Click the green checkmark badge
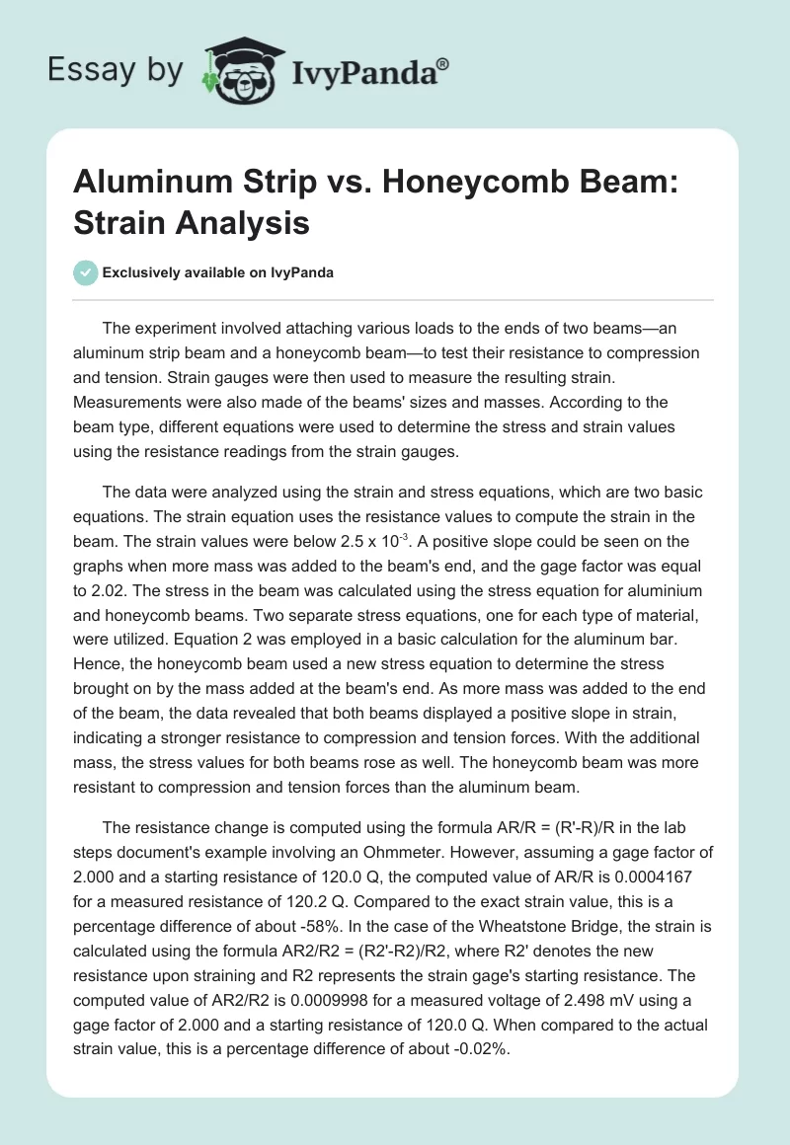pos(85,273)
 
